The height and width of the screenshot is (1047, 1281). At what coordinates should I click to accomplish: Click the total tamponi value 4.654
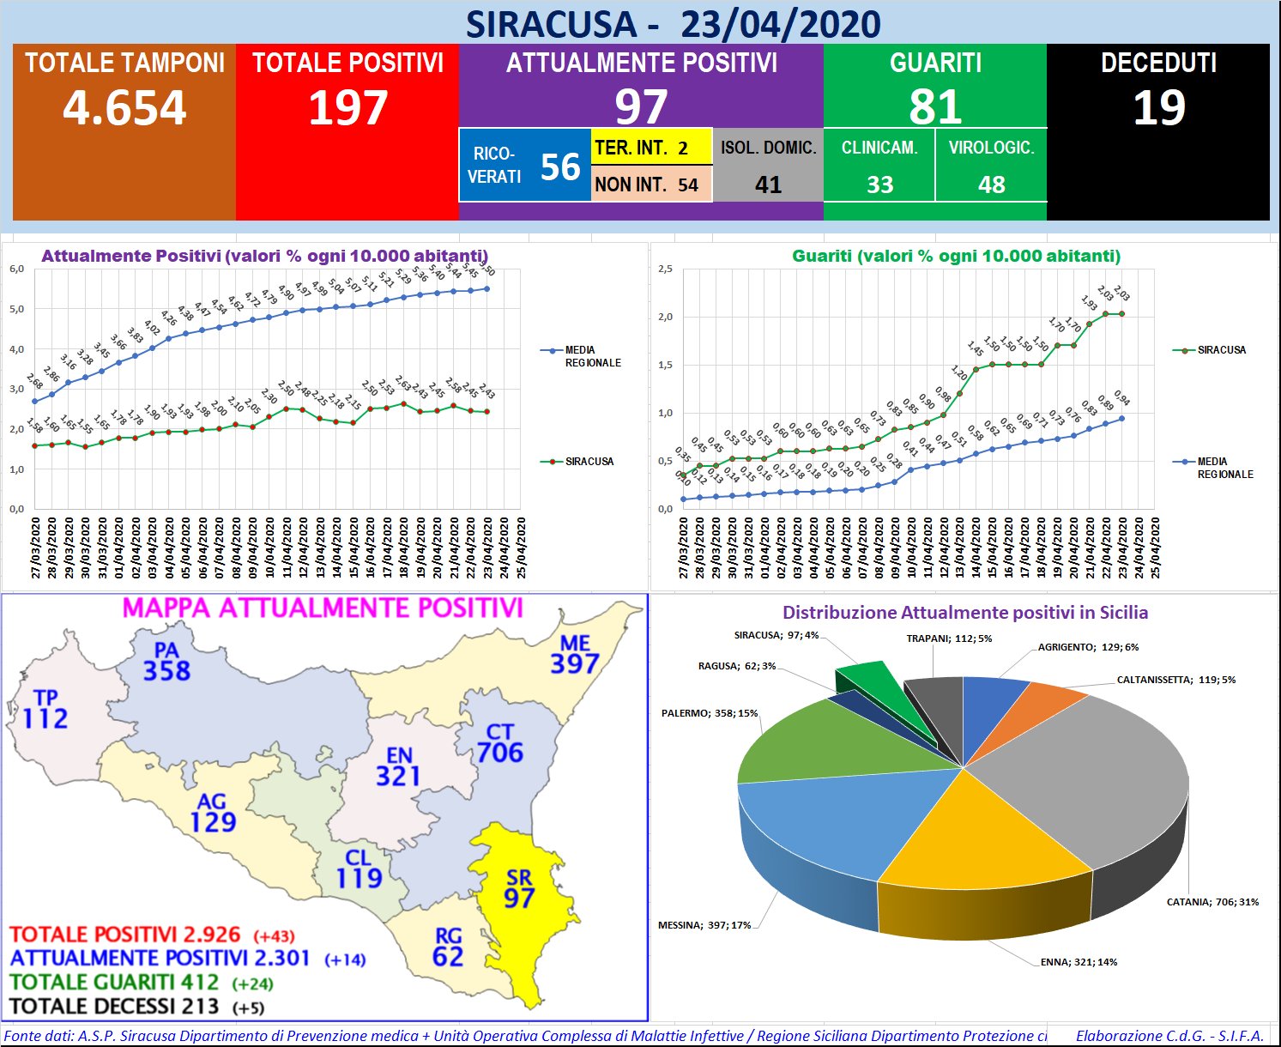pyautogui.click(x=124, y=108)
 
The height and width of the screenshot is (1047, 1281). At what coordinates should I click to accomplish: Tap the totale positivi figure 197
pyautogui.click(x=347, y=108)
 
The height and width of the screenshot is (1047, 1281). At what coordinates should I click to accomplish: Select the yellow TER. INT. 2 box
pyautogui.click(x=650, y=148)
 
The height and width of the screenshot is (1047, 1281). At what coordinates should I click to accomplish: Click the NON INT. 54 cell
pyautogui.click(x=650, y=185)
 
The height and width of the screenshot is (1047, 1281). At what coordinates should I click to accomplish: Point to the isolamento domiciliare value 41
pyautogui.click(x=768, y=185)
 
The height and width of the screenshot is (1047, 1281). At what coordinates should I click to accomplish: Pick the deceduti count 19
pyautogui.click(x=1158, y=108)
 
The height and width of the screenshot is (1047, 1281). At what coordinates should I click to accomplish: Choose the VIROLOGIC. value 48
pyautogui.click(x=991, y=185)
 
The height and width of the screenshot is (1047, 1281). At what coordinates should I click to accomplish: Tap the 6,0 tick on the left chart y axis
pyautogui.click(x=16, y=269)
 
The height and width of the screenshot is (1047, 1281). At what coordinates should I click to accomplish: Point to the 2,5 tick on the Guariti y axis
pyautogui.click(x=665, y=269)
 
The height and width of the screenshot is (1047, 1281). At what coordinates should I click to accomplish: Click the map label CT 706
pyautogui.click(x=500, y=743)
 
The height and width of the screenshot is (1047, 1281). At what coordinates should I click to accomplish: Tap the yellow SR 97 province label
pyautogui.click(x=519, y=889)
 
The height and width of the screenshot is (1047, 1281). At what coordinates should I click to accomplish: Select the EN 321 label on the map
pyautogui.click(x=398, y=766)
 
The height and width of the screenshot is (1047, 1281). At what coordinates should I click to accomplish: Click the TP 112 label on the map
pyautogui.click(x=45, y=710)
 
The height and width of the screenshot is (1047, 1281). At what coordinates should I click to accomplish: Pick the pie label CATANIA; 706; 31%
pyautogui.click(x=1212, y=902)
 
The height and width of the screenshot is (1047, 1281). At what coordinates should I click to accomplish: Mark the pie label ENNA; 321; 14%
pyautogui.click(x=1079, y=962)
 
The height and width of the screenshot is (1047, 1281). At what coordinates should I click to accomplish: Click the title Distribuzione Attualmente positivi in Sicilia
pyautogui.click(x=964, y=613)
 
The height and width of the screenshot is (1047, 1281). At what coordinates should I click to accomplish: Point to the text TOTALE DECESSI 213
pyautogui.click(x=114, y=1006)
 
